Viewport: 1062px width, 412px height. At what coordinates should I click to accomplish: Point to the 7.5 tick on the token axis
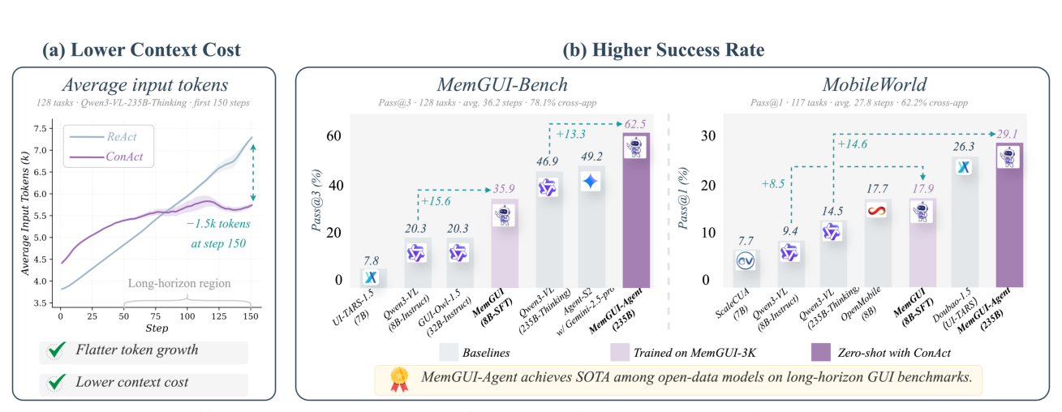click(41, 128)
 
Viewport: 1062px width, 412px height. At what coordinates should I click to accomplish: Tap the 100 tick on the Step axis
click(187, 316)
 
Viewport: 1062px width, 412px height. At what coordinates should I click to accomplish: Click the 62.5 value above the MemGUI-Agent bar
click(634, 124)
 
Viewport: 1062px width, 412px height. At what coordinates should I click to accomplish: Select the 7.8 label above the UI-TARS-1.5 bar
click(372, 261)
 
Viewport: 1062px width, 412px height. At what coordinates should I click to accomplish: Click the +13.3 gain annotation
click(570, 134)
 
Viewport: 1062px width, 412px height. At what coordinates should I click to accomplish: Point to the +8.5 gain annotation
click(773, 183)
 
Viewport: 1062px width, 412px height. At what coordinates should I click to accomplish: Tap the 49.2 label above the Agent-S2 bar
click(591, 157)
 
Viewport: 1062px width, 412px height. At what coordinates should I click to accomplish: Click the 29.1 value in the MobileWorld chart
click(1007, 134)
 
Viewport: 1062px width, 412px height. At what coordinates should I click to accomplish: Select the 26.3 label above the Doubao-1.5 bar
click(964, 147)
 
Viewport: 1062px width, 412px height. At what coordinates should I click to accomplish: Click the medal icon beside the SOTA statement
click(399, 380)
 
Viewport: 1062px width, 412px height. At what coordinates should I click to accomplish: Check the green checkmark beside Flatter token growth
click(58, 350)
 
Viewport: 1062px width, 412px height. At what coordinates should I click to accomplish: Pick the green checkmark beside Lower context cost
click(58, 382)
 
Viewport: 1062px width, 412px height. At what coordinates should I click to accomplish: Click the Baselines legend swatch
click(449, 353)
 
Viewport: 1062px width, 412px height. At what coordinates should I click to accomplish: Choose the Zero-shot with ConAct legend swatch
click(821, 353)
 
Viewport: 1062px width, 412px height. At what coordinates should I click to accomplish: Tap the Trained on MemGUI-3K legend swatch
click(620, 353)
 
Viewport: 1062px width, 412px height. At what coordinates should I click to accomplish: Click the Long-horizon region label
click(179, 284)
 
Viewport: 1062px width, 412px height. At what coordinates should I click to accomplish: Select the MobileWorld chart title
click(875, 85)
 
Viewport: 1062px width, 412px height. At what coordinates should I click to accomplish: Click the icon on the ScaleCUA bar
click(746, 261)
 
